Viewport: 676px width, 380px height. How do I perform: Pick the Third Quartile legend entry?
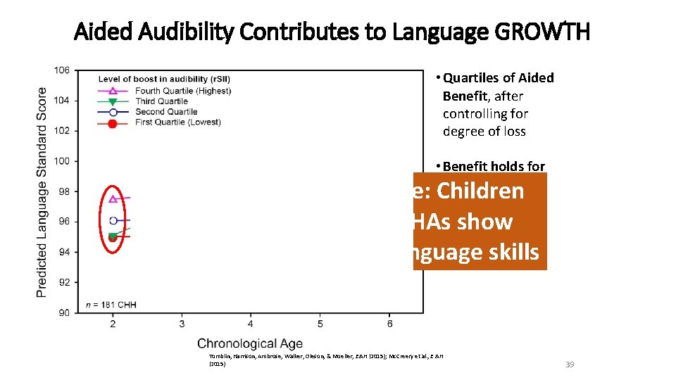pos(162,101)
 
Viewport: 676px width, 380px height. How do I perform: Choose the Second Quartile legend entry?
pos(166,111)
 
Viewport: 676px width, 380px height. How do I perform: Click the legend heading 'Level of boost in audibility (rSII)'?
pos(164,78)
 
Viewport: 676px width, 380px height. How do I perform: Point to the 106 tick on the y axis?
pos(61,70)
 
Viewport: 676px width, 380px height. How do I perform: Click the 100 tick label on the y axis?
pos(61,161)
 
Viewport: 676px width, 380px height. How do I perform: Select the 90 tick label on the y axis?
pos(63,313)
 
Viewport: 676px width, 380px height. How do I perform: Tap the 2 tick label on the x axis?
pos(113,324)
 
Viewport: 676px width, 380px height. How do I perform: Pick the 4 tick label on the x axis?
pos(251,324)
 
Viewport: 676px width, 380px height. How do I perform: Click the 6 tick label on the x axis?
pos(389,324)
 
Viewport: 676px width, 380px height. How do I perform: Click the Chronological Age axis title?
pos(250,343)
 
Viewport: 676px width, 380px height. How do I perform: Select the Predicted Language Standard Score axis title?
pos(42,191)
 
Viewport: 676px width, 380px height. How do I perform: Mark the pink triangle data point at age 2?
pos(113,198)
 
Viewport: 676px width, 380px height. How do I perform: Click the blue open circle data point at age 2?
pos(113,220)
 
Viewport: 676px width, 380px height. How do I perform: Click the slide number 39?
pos(570,365)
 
